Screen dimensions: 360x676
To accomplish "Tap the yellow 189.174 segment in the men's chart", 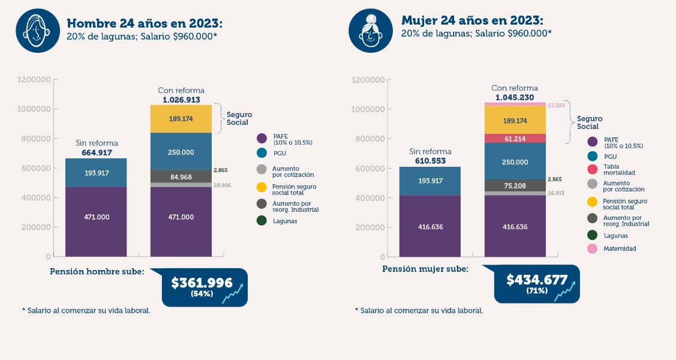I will coord(181,119).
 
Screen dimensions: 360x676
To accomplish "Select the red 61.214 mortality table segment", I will coord(515,138).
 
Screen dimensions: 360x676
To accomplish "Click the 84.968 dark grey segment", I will coord(181,176).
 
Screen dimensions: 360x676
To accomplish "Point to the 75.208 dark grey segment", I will coord(515,186).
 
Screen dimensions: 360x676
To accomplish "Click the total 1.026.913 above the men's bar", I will coord(181,100).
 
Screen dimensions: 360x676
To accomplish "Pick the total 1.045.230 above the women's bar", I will coord(515,97).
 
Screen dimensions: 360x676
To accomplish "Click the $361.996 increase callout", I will coord(204,286).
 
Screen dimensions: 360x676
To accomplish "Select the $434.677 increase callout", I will coord(537,283).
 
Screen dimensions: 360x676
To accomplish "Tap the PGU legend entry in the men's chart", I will coord(280,154).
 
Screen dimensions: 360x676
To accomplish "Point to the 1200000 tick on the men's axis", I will coord(35,79).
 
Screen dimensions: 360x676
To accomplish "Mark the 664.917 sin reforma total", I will coord(97,153).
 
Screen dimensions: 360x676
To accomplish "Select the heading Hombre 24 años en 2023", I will coord(145,23).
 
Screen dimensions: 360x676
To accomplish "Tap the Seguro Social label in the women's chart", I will coord(589,122).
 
